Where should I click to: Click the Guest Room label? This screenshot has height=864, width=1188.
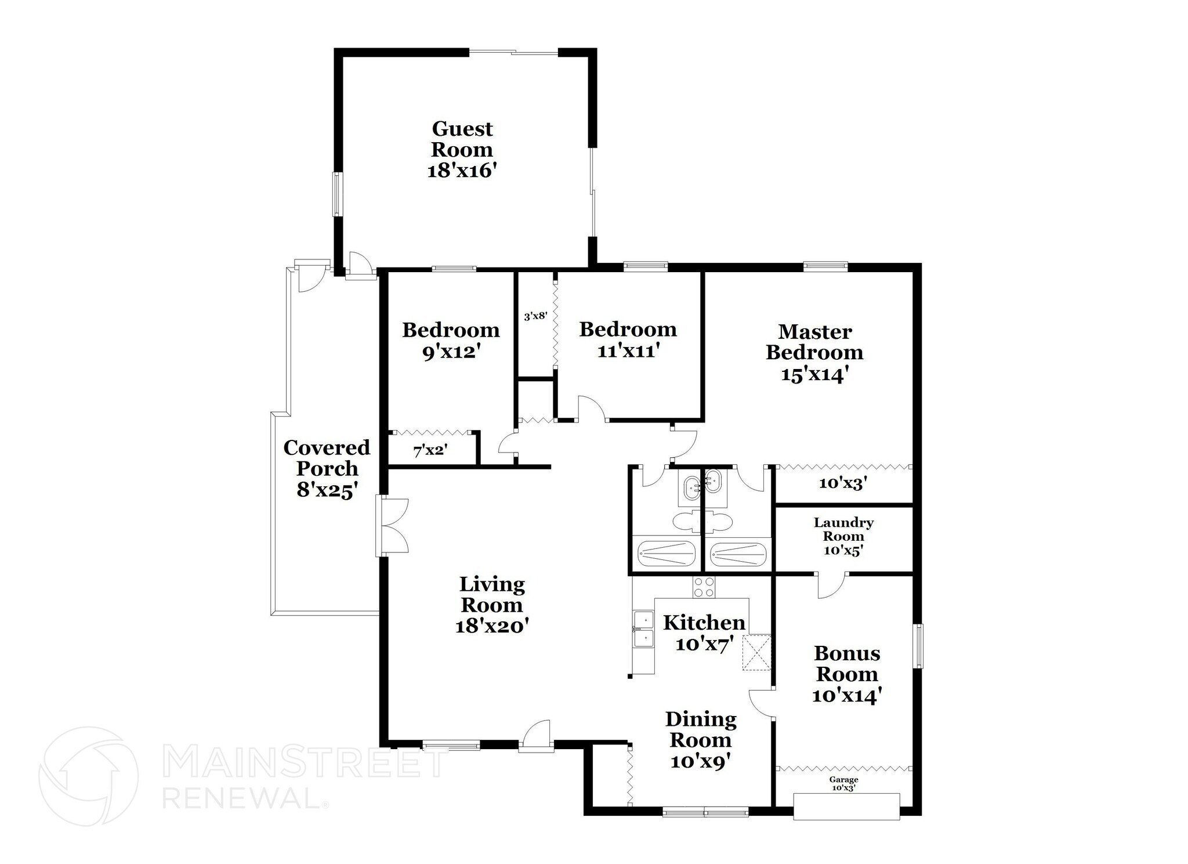[x=462, y=139]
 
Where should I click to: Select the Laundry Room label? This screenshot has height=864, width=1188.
[x=843, y=529]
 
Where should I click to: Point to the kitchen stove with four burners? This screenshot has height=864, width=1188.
[x=704, y=587]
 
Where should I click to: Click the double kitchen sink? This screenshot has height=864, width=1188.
[x=643, y=628]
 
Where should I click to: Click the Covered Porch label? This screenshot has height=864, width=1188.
[x=327, y=458]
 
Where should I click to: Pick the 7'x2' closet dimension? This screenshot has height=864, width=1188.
[x=430, y=450]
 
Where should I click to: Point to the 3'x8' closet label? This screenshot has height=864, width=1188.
[x=535, y=317]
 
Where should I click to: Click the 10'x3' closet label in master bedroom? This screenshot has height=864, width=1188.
[x=842, y=483]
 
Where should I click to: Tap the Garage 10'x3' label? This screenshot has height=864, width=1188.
[x=843, y=784]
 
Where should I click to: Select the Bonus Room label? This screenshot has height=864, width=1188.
[x=847, y=664]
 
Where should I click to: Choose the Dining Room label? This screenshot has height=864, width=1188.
[x=701, y=729]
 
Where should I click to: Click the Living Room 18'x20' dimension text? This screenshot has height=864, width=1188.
[x=492, y=626]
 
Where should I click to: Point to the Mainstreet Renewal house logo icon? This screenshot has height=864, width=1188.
[x=88, y=776]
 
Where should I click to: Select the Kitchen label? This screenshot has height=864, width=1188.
[x=704, y=623]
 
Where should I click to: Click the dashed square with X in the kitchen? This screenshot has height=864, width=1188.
[x=757, y=653]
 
